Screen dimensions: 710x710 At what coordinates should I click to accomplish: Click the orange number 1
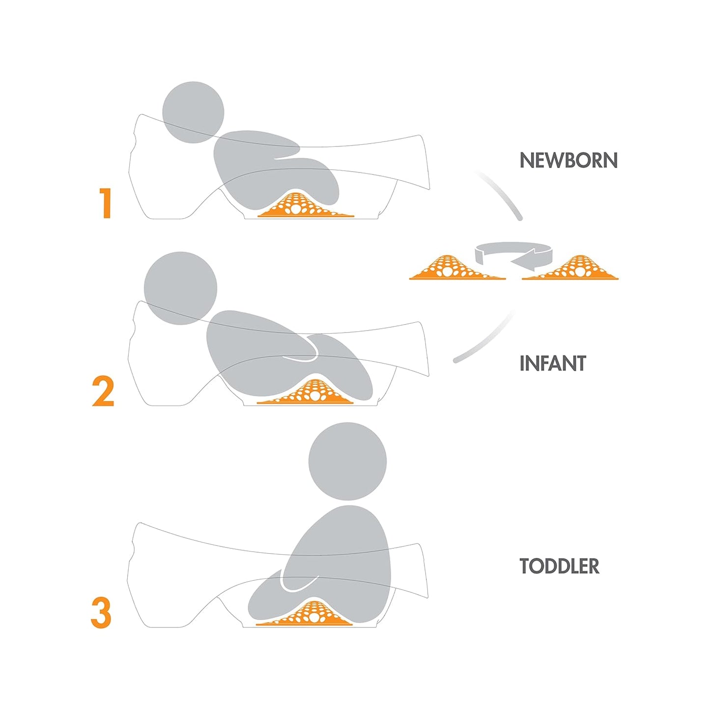pyautogui.click(x=105, y=203)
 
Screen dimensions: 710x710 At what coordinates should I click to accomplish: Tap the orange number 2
pyautogui.click(x=103, y=391)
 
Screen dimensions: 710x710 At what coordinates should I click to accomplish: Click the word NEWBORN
pyautogui.click(x=568, y=161)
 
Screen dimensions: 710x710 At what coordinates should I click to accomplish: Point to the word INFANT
pyautogui.click(x=553, y=363)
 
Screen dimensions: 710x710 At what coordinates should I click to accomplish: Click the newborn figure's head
pyautogui.click(x=194, y=113)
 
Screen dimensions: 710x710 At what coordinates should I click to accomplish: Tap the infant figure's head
pyautogui.click(x=180, y=288)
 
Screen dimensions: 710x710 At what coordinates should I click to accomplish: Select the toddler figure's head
pyautogui.click(x=347, y=462)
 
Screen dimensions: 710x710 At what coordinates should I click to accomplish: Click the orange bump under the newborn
pyautogui.click(x=306, y=205)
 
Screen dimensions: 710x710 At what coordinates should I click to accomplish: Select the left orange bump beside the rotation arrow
pyautogui.click(x=457, y=267)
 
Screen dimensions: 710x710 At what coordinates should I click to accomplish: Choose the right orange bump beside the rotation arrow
pyautogui.click(x=570, y=267)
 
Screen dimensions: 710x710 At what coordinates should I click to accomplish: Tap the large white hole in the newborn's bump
pyautogui.click(x=296, y=209)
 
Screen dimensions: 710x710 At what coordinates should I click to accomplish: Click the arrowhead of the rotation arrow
pyautogui.click(x=523, y=258)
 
